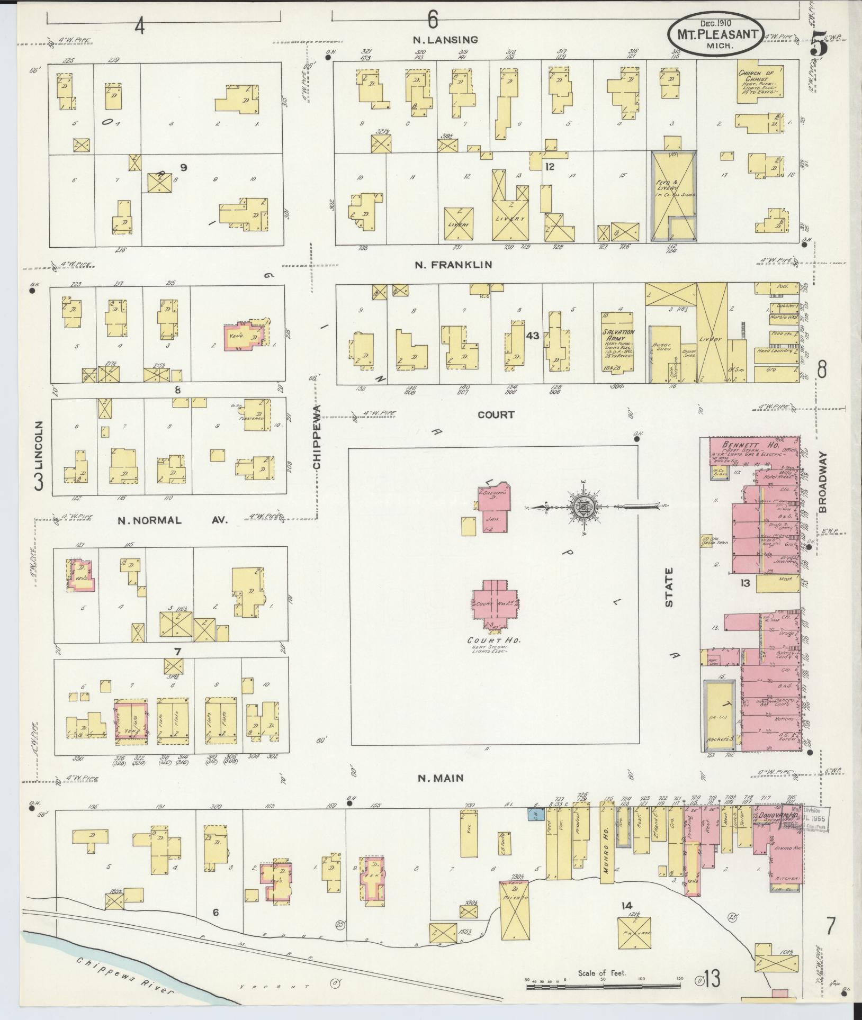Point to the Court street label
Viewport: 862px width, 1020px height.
point(496,414)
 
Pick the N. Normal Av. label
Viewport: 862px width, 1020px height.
point(172,520)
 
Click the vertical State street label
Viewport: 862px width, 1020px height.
point(670,588)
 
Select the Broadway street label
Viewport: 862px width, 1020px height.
point(822,482)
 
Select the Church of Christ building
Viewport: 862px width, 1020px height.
point(759,80)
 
